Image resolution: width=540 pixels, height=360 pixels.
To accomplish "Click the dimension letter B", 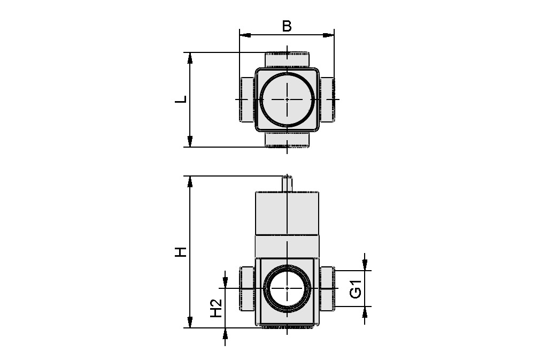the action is (x=287, y=26).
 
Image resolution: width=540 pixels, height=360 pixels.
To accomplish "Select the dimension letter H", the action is (x=181, y=252).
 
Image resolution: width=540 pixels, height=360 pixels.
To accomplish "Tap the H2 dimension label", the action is (x=216, y=308).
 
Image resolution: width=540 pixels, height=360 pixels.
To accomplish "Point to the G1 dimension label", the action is (x=356, y=289).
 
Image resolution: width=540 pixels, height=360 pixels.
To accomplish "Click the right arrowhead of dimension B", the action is (x=329, y=34).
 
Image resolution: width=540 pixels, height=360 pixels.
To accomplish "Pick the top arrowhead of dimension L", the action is (x=189, y=58).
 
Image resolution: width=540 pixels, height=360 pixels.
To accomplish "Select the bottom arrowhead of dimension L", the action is (x=189, y=141).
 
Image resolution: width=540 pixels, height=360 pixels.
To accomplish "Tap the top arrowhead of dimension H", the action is (x=189, y=181).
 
